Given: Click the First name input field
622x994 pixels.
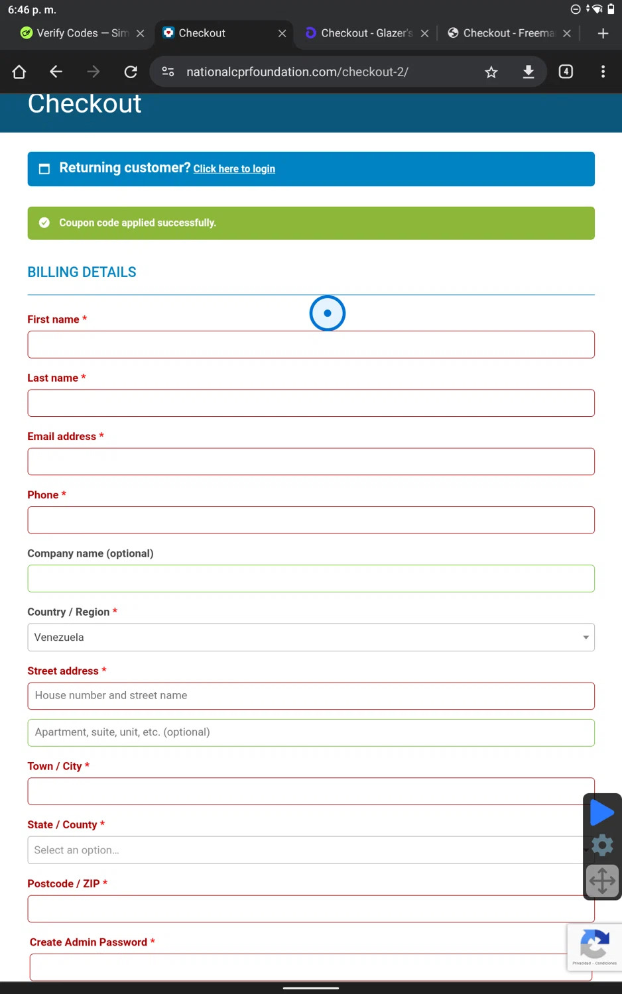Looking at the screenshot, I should point(310,345).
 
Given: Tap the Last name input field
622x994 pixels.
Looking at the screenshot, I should point(310,403).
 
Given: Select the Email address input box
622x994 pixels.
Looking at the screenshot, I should point(310,462).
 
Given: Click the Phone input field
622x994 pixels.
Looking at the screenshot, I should point(310,520).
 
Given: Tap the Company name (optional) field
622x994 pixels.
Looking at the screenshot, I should point(310,579).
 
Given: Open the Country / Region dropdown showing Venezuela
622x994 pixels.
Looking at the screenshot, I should point(310,637).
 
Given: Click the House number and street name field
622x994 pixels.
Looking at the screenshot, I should point(310,696).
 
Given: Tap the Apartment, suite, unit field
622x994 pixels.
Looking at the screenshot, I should point(310,732).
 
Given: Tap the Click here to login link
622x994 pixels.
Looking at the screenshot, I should point(234,169).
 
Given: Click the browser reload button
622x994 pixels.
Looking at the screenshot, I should point(131,72).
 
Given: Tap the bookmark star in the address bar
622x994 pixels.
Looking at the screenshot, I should point(491,72).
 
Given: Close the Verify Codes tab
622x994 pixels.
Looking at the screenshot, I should point(141,33).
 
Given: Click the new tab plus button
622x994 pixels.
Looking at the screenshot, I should point(603,33).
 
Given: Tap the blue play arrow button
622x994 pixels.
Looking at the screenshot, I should point(601,812).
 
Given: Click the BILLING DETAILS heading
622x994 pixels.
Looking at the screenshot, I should point(82,272).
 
